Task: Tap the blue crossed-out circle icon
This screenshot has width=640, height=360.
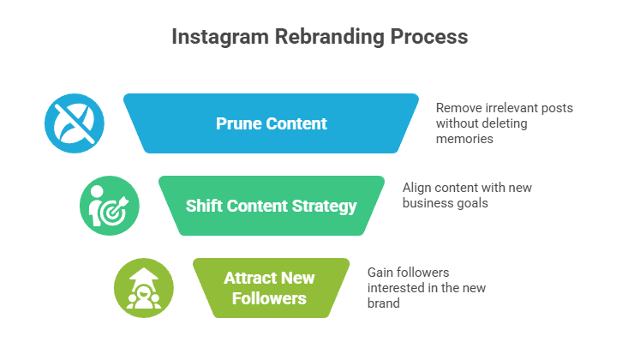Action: click(x=75, y=123)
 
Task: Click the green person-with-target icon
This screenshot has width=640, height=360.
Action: click(x=109, y=206)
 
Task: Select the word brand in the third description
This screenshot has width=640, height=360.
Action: click(x=384, y=302)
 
